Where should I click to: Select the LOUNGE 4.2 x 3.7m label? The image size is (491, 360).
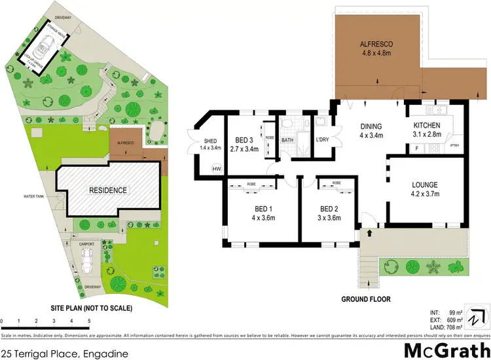[x=429, y=190]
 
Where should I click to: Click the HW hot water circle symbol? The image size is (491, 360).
[x=217, y=169]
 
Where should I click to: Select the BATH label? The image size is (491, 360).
[x=288, y=139]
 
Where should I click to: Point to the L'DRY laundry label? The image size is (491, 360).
[x=322, y=139]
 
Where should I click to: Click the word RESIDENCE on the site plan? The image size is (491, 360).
[x=108, y=190]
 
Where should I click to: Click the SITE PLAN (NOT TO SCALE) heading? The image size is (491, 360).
[x=92, y=307]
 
